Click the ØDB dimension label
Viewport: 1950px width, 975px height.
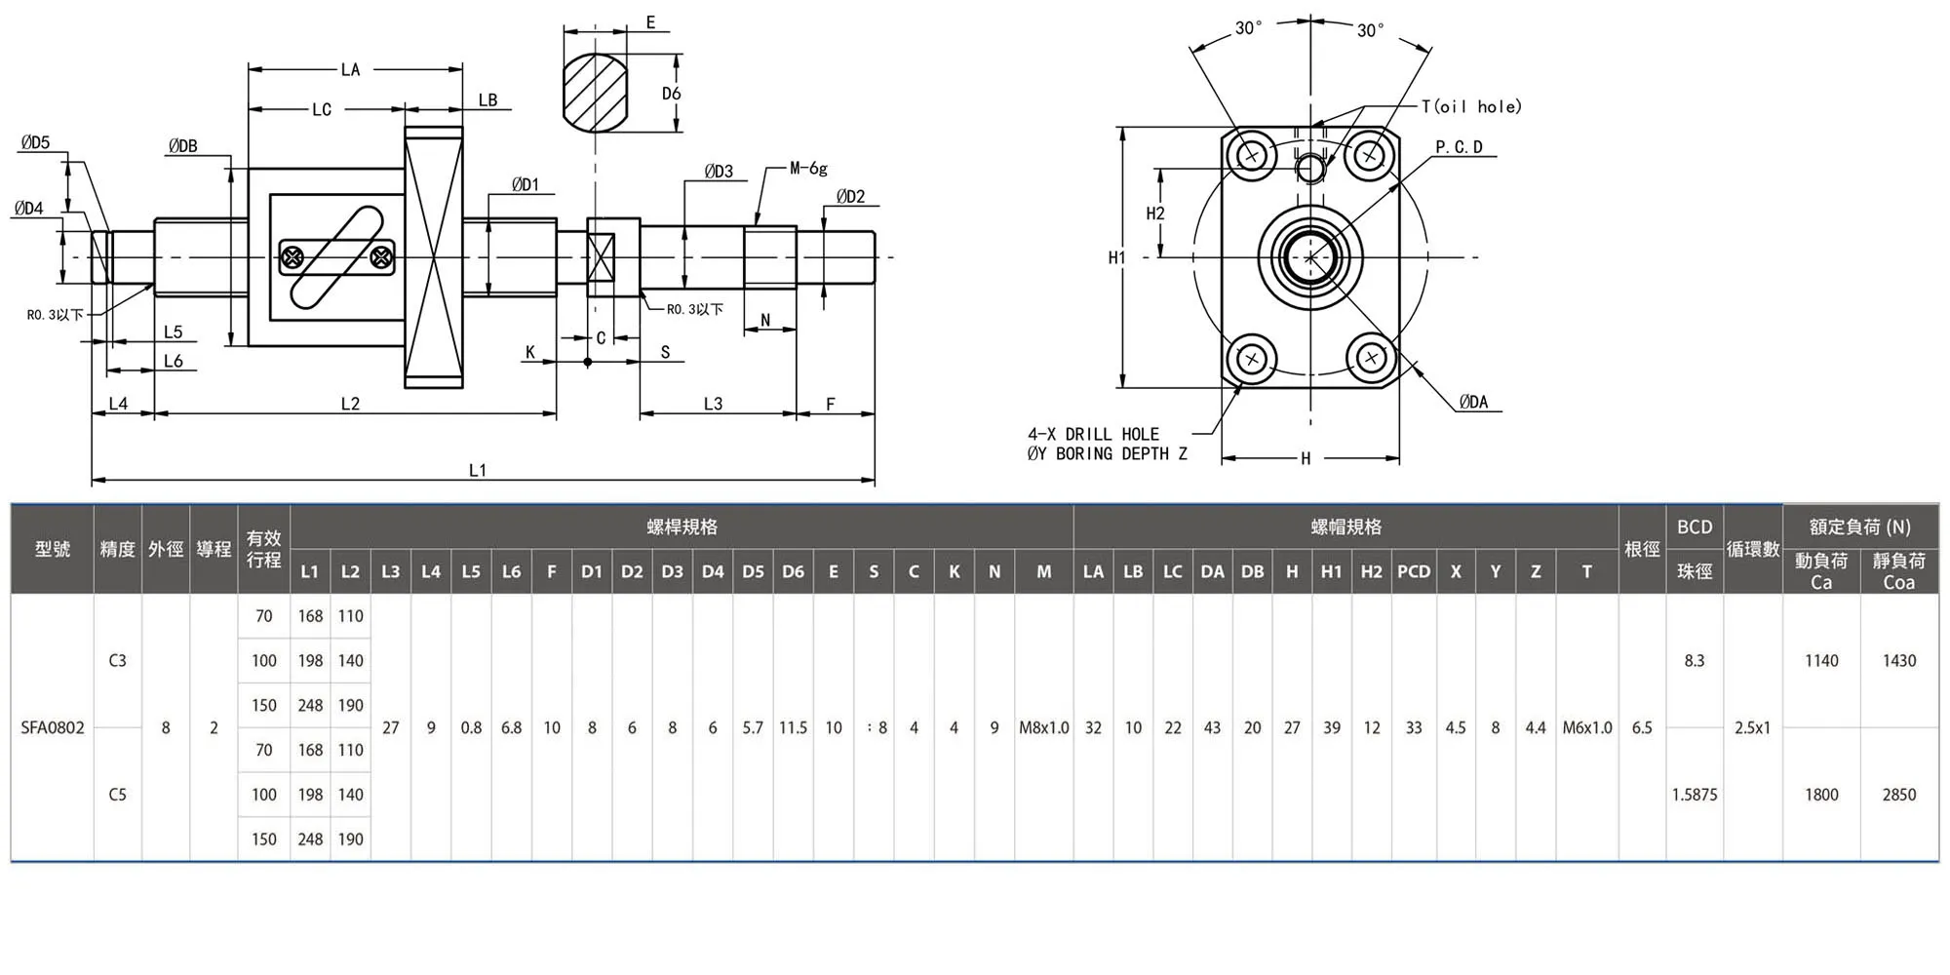coord(182,146)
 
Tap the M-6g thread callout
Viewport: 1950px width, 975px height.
coord(808,169)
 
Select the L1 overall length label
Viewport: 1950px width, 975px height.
coord(478,470)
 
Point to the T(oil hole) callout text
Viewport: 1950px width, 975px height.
coord(1471,106)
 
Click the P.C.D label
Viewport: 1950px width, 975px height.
coord(1459,147)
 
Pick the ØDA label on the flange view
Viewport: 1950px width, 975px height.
coord(1474,402)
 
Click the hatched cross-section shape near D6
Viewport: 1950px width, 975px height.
coord(595,93)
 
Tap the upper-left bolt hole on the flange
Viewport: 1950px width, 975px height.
coord(1252,154)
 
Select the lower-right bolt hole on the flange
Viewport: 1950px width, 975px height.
coord(1371,358)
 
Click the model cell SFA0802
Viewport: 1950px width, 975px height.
coord(53,727)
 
